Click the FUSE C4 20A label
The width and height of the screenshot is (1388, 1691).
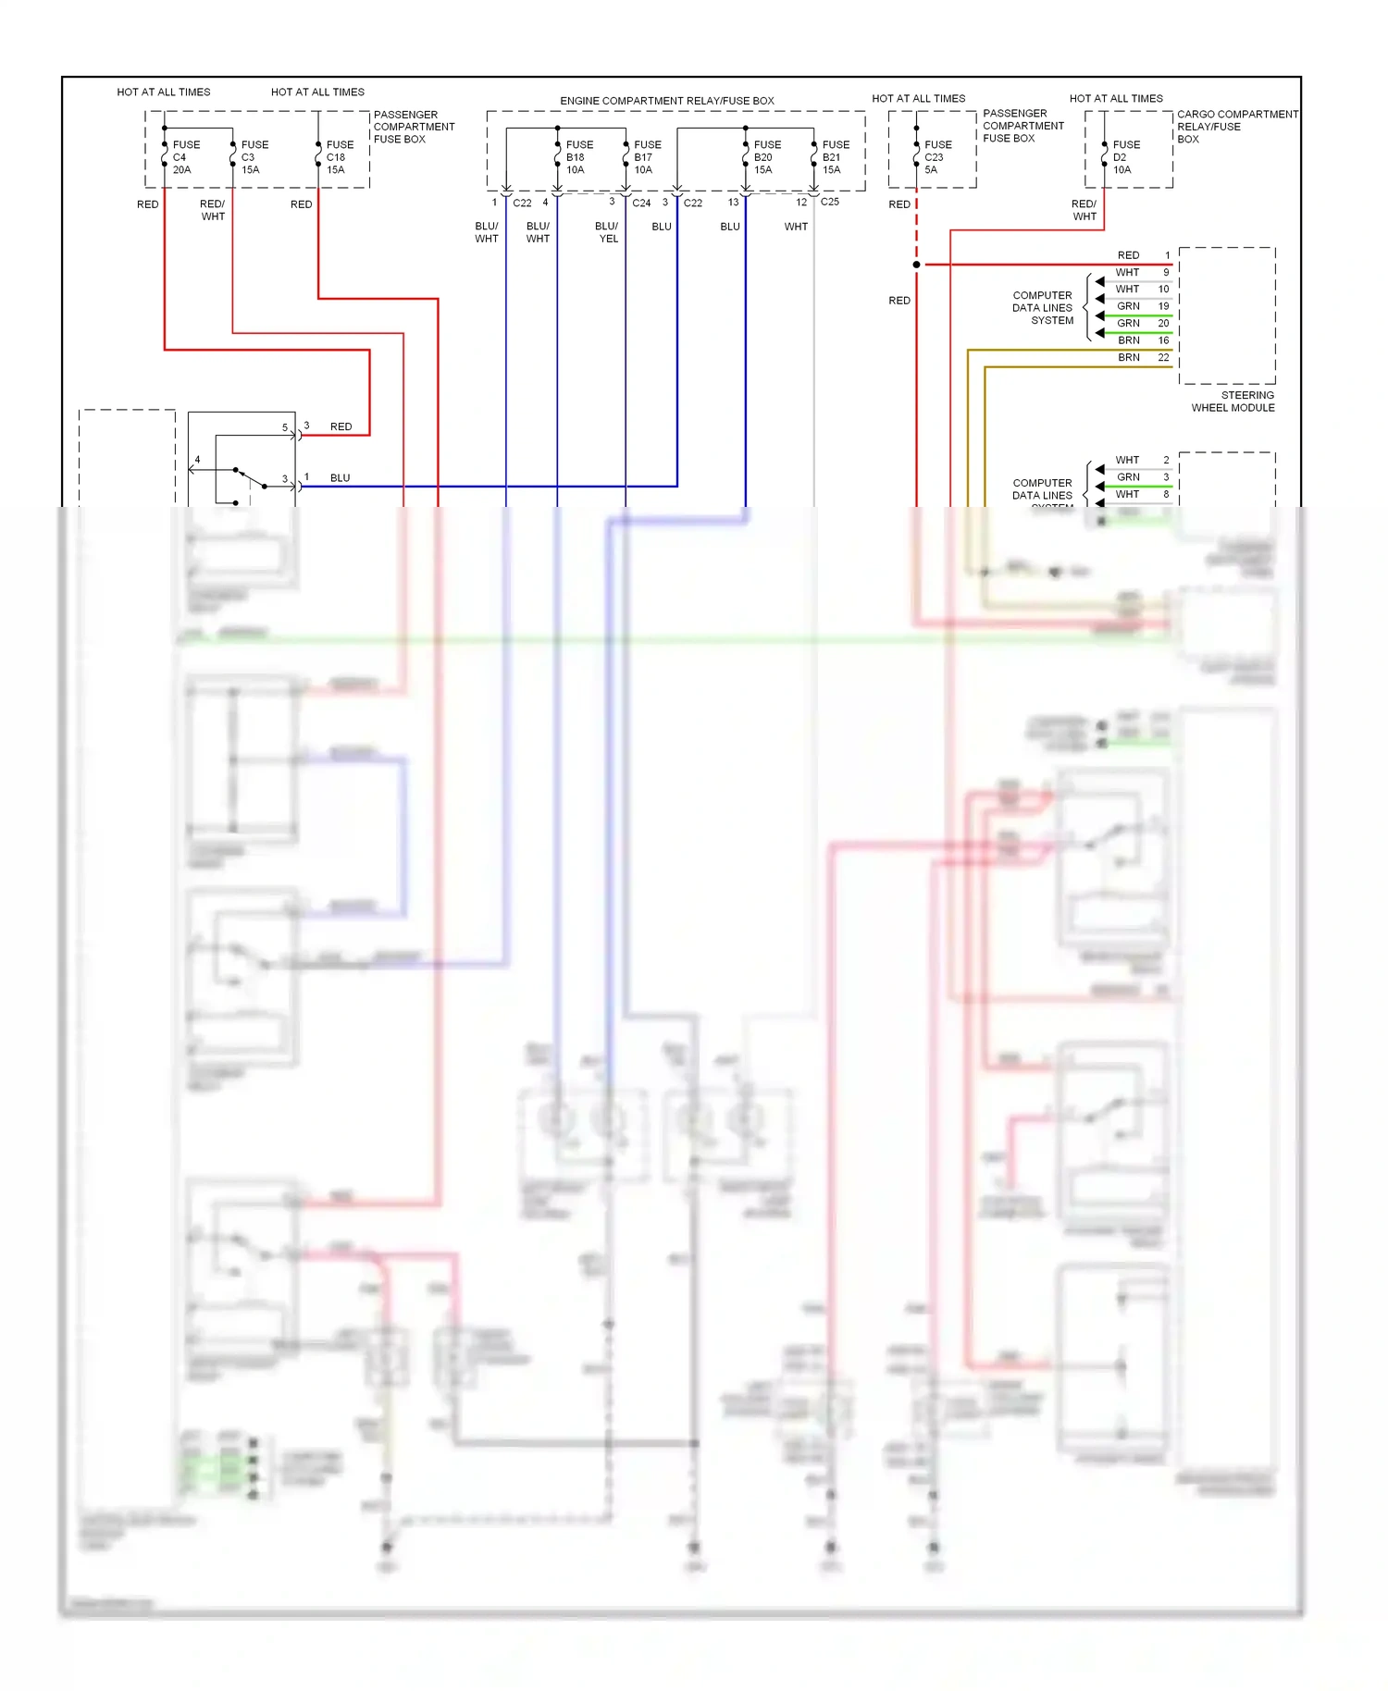[184, 157]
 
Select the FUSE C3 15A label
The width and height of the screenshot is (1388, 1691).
[254, 157]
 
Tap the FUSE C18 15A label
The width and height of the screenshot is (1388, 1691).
[339, 157]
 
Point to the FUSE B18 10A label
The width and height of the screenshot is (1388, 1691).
[578, 157]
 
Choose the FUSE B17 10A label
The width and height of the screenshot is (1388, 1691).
[647, 157]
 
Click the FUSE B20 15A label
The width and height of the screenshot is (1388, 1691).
[766, 157]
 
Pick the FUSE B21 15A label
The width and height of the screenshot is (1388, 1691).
[835, 157]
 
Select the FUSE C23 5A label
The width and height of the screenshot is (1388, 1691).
[936, 157]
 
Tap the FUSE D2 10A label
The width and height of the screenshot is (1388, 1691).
[1125, 157]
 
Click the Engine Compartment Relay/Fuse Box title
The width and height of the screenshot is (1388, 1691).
[666, 101]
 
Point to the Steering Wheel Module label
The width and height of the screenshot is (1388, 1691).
[1233, 401]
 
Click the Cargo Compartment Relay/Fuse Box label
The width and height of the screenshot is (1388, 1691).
[1236, 127]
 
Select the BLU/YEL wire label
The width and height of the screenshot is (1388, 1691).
[607, 232]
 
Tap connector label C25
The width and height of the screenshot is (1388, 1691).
[829, 202]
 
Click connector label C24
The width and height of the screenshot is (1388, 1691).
[641, 203]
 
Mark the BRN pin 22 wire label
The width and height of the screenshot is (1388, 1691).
[1128, 357]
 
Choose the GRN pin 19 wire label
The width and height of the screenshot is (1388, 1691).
[1128, 306]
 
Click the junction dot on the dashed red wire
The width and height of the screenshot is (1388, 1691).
[916, 265]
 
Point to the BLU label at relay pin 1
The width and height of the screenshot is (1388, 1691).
[340, 478]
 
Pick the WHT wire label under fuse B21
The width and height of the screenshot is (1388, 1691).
[796, 227]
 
